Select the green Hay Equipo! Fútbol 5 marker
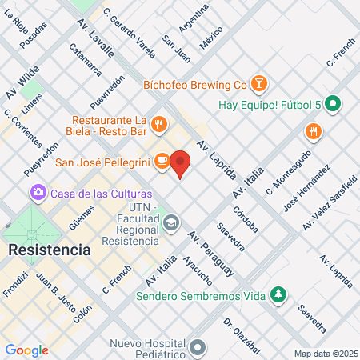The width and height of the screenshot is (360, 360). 335,103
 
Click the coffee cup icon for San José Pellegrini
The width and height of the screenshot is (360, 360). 162,161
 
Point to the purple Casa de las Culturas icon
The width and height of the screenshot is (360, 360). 37,193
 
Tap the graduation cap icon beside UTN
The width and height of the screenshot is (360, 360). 171,222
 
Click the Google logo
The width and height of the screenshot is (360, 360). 27,350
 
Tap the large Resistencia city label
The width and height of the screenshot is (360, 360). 50,250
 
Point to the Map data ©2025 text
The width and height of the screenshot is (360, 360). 325,354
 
